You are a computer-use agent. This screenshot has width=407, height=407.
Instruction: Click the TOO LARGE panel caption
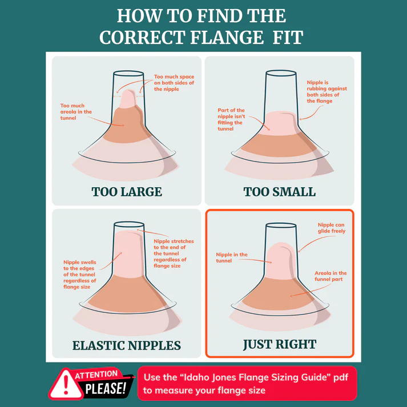127,192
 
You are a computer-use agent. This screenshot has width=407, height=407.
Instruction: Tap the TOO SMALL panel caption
280,192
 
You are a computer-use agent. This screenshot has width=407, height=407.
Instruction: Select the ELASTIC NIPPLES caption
127,345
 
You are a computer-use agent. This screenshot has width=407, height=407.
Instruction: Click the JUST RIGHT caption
280,344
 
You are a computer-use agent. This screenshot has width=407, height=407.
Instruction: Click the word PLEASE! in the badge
106,389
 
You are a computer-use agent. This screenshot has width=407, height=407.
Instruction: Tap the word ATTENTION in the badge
96,375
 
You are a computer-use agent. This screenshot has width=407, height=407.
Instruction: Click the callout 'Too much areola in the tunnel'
76,112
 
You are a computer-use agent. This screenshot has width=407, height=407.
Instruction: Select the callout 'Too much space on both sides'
174,83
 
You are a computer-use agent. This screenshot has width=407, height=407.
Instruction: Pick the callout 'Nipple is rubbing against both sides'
327,92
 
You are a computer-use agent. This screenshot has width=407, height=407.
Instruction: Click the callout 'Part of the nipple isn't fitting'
231,119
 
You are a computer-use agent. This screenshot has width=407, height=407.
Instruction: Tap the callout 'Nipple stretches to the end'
174,253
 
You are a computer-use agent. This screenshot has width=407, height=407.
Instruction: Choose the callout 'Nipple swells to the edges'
80,275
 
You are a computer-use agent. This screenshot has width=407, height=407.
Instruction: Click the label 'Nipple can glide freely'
332,228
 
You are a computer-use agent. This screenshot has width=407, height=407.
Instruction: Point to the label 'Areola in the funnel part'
331,276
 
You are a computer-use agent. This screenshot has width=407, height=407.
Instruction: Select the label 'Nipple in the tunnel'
232,257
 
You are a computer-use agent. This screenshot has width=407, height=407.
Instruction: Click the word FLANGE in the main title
227,37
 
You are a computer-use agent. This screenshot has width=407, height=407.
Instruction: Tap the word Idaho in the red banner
195,377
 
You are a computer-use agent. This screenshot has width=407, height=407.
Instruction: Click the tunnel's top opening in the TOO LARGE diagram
128,73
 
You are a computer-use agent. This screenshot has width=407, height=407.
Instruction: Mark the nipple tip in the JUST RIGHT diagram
280,244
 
